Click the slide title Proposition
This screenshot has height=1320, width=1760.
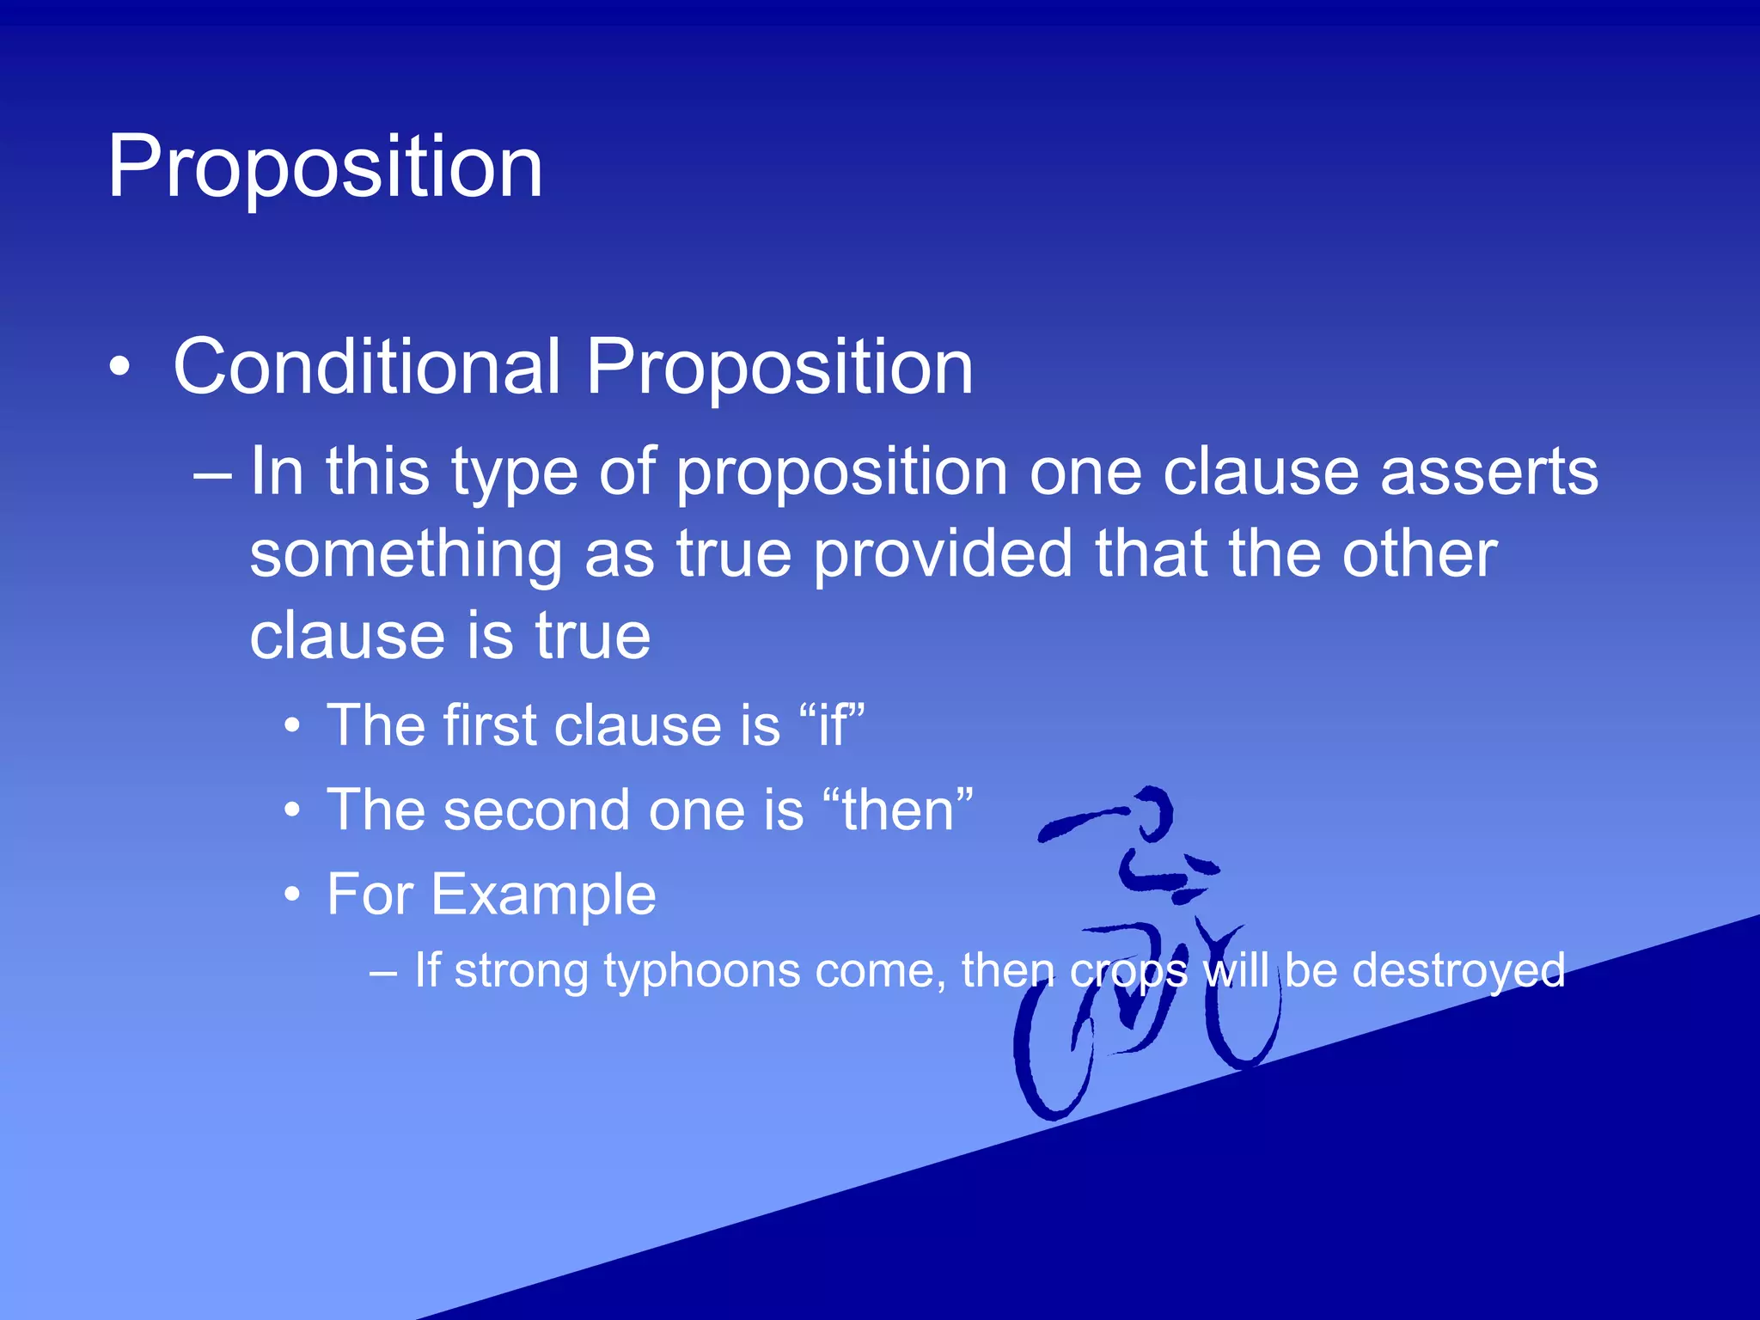click(325, 168)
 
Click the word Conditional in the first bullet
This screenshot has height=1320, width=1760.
click(367, 367)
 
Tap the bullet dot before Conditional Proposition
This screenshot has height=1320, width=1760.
click(120, 369)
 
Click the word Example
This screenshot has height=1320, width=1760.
click(543, 895)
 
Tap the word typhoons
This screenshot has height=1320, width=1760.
click(701, 970)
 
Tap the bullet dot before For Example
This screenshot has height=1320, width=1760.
click(293, 895)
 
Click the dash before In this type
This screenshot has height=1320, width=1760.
click(212, 474)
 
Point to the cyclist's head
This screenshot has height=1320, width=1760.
click(1152, 812)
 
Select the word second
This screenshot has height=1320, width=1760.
click(537, 810)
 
